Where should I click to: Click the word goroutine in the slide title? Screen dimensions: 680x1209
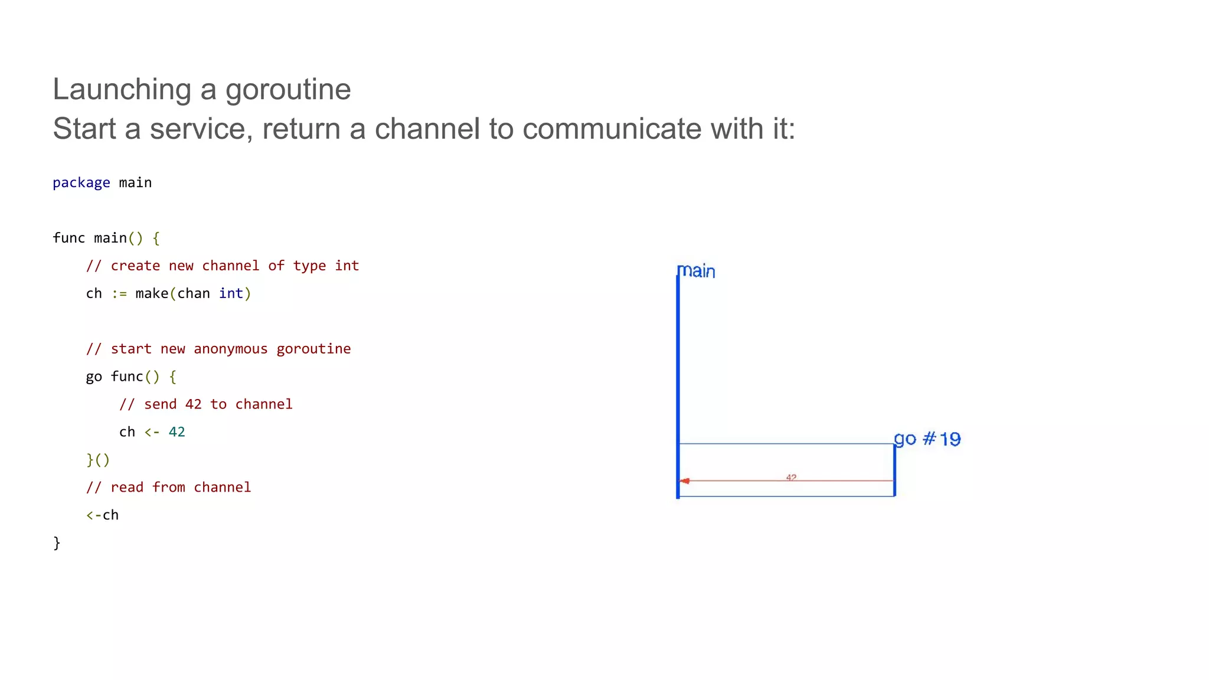point(287,90)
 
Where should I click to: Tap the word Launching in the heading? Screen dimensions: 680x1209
point(122,90)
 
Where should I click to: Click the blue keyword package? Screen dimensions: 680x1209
point(81,183)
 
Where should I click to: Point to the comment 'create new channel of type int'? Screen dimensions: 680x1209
point(223,266)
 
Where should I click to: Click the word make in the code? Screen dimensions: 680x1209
point(152,293)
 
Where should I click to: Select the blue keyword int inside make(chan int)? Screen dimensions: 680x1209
point(231,293)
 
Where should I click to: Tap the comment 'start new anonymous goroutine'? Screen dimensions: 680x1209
point(218,349)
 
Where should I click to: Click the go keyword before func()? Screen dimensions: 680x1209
point(94,377)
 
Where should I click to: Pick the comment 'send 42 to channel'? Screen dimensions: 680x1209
point(206,404)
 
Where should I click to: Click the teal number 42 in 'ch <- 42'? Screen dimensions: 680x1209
point(177,432)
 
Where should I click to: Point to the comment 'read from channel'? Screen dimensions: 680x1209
point(169,488)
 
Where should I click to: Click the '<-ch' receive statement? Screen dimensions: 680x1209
point(103,515)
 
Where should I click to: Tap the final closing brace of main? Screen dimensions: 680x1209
point(57,542)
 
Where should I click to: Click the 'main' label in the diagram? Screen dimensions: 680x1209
point(696,272)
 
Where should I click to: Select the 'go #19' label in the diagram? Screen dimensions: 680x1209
point(927,439)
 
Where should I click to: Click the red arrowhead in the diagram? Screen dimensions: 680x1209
point(685,481)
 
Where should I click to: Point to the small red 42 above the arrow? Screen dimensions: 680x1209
point(791,477)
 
